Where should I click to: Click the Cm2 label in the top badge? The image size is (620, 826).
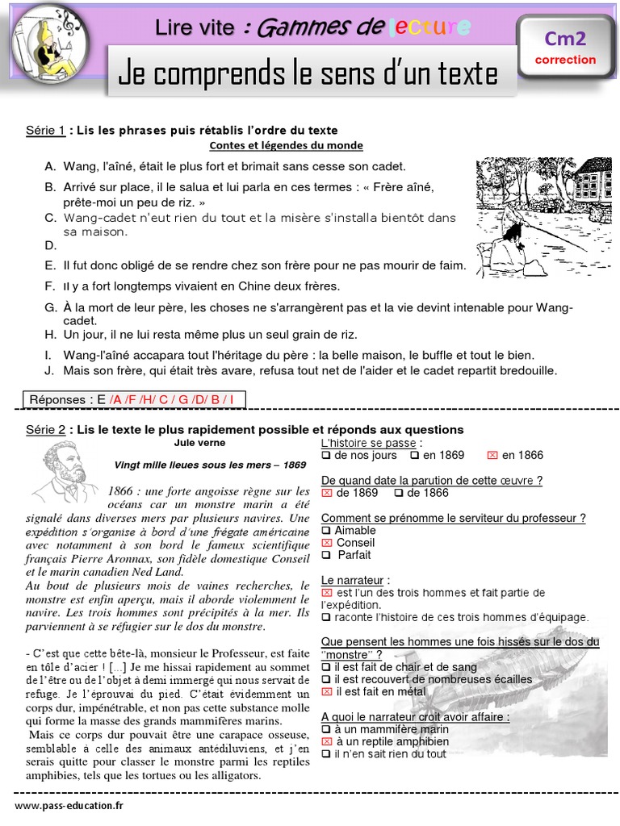pyautogui.click(x=564, y=38)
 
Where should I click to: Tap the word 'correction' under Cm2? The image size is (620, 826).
pyautogui.click(x=565, y=60)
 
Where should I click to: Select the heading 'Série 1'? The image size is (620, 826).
pyautogui.click(x=46, y=130)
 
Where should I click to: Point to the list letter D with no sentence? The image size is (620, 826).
pyautogui.click(x=51, y=245)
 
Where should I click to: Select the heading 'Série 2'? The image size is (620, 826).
pyautogui.click(x=46, y=429)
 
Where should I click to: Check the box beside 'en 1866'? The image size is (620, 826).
pyautogui.click(x=492, y=456)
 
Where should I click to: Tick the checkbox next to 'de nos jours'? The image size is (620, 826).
pyautogui.click(x=326, y=456)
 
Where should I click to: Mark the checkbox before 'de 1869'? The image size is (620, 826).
pyautogui.click(x=327, y=493)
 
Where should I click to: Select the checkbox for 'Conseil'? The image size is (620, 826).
pyautogui.click(x=326, y=543)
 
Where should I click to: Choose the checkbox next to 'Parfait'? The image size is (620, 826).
pyautogui.click(x=326, y=555)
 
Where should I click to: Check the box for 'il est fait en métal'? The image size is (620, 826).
pyautogui.click(x=326, y=691)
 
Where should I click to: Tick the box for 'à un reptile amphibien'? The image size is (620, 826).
pyautogui.click(x=326, y=741)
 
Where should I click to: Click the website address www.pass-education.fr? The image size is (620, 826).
pyautogui.click(x=69, y=805)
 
